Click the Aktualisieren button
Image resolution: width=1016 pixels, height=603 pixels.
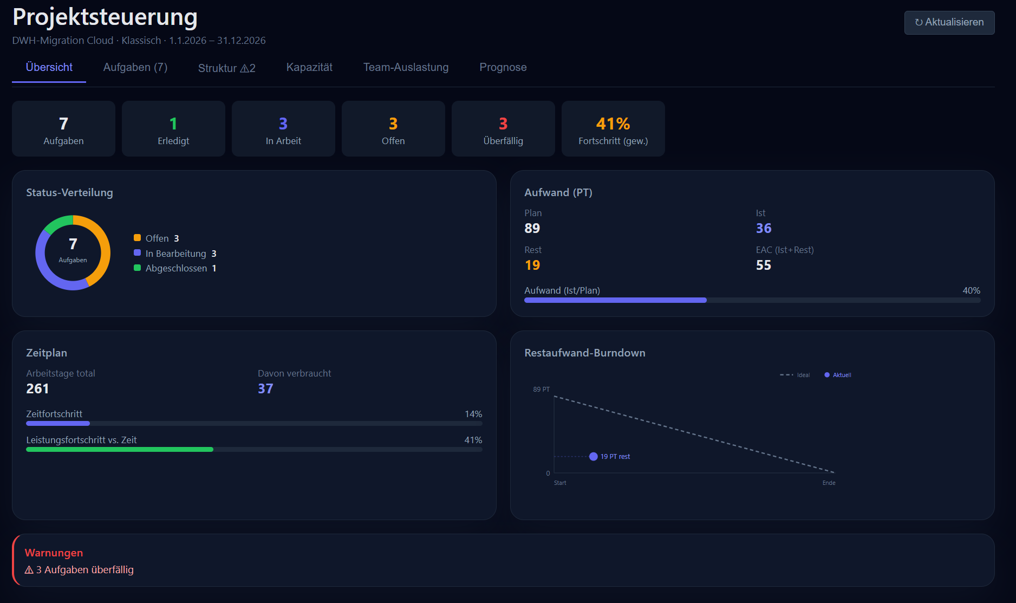tap(949, 22)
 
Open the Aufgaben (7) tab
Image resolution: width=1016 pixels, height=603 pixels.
tap(135, 67)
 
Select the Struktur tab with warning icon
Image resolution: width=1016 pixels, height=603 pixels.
tap(226, 68)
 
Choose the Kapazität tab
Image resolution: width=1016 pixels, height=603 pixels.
tap(309, 67)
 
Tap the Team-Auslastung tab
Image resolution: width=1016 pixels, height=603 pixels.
tap(406, 67)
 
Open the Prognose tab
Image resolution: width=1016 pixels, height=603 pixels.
tap(503, 67)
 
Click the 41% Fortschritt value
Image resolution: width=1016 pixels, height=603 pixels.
tap(613, 124)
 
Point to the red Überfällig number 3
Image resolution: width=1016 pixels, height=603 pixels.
tap(503, 124)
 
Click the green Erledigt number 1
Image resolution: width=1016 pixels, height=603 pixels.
tap(173, 124)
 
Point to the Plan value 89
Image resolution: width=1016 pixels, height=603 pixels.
tap(532, 229)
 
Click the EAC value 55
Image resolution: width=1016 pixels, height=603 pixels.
tap(764, 265)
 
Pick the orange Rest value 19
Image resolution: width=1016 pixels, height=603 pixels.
tap(532, 265)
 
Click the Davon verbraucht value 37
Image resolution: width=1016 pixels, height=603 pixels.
tap(265, 389)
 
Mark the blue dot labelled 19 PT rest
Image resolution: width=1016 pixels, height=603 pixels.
tap(594, 457)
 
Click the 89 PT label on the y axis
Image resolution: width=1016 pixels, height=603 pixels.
tap(541, 390)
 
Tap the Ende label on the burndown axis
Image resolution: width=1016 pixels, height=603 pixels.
tap(829, 483)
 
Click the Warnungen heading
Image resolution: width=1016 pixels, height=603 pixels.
tap(54, 553)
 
